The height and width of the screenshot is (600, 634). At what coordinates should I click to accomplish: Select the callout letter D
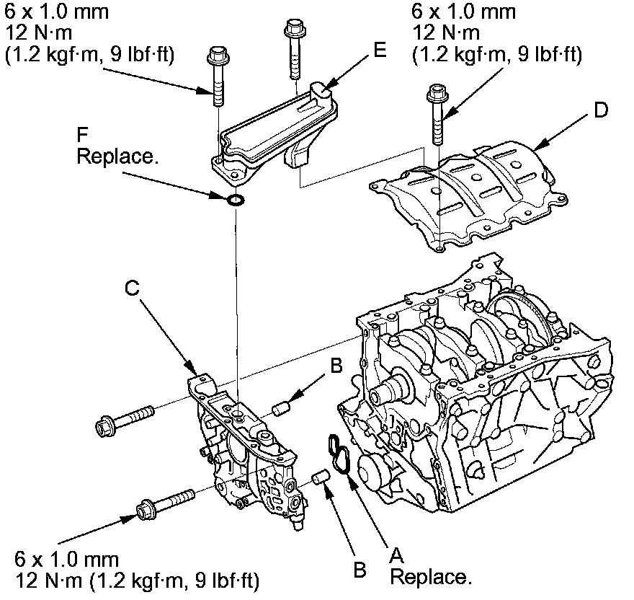601,110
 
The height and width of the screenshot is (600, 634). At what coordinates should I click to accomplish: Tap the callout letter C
132,287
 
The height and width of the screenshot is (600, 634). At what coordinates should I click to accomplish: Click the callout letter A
395,556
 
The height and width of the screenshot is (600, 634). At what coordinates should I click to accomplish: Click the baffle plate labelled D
468,187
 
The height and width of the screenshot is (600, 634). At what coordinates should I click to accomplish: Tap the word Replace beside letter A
431,577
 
